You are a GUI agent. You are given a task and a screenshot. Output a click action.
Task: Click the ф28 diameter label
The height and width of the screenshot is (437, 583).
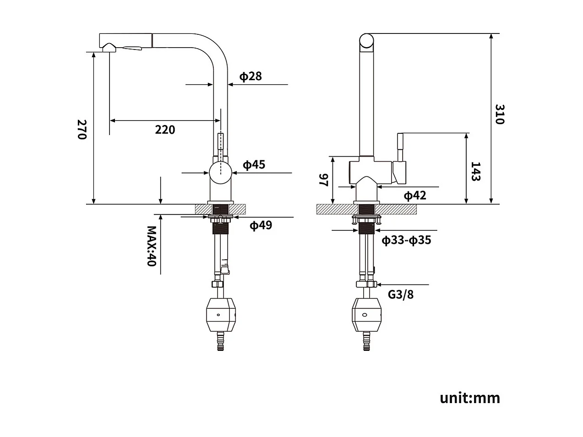251,76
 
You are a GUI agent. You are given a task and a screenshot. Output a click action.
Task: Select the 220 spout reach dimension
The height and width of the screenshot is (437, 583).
165,130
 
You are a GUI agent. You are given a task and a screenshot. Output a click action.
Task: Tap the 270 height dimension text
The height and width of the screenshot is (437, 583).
82,130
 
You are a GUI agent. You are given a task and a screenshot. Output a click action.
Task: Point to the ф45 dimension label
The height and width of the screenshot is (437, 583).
254,164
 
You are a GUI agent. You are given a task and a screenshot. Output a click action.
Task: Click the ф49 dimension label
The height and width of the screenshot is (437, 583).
261,225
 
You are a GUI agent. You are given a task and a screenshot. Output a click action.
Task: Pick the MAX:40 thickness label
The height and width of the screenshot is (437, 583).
152,246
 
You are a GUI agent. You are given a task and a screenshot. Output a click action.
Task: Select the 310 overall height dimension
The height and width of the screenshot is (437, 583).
500,114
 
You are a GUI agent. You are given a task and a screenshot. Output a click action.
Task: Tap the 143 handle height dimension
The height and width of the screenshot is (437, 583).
475,171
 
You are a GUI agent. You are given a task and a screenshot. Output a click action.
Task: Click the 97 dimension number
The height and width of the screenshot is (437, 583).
324,180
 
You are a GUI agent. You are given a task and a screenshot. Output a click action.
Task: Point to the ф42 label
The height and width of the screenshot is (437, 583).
414,196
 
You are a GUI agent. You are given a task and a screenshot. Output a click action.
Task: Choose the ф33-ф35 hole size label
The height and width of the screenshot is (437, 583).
406,240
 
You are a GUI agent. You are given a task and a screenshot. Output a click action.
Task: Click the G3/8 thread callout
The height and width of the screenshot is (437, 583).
401,294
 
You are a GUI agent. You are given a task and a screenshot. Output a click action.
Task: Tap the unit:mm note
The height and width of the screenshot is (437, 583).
470,398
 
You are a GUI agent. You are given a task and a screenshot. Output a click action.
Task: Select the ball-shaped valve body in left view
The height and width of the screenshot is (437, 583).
221,173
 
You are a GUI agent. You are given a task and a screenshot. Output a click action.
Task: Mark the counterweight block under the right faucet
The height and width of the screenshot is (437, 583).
366,314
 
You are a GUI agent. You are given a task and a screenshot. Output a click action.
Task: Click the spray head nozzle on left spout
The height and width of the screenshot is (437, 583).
109,48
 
